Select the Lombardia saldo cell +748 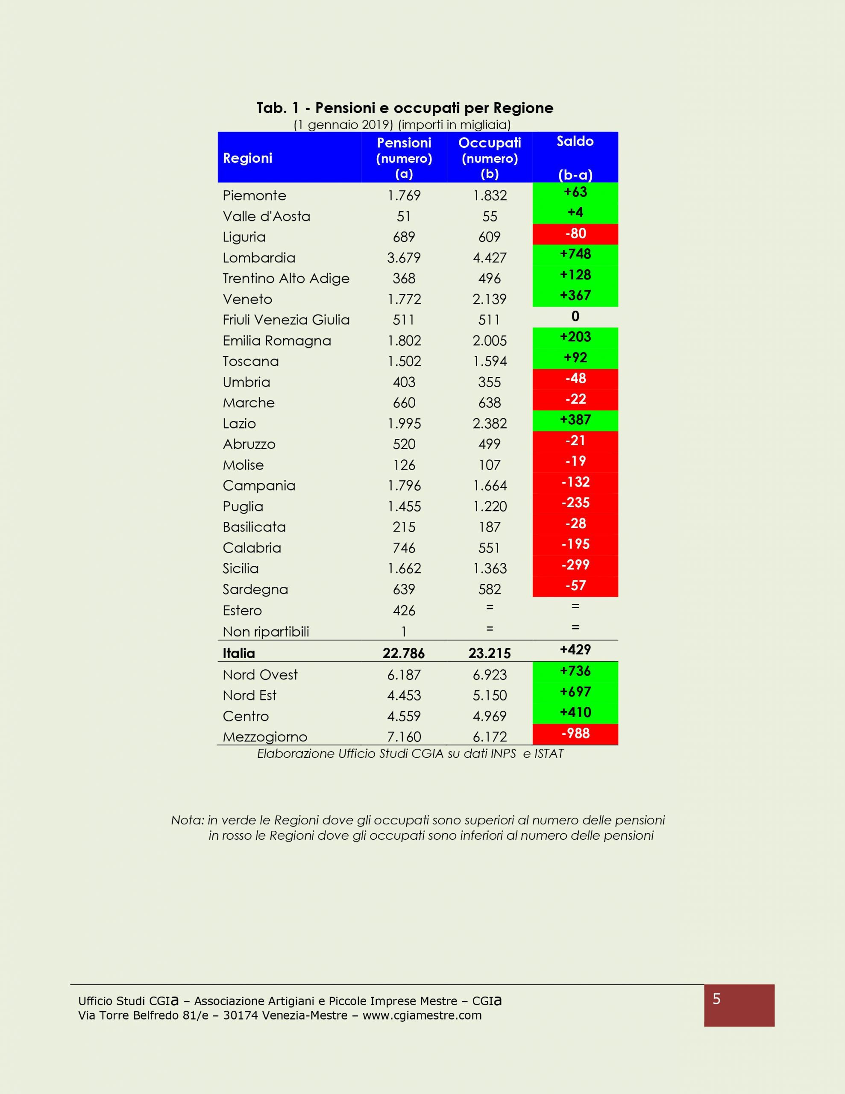tap(575, 254)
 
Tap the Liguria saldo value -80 tap(575, 233)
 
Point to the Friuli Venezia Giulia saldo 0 tap(575, 316)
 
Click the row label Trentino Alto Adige tap(285, 279)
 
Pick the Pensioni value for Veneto tap(404, 300)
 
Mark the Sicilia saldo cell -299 tap(575, 565)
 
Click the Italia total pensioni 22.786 tap(403, 653)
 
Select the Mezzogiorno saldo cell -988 tap(575, 733)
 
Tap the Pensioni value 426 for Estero tap(404, 611)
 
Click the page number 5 tap(716, 999)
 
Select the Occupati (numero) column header tap(490, 158)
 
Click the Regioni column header tap(247, 158)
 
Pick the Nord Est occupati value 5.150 tap(490, 695)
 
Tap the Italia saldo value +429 tap(575, 650)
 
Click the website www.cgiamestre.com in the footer tap(422, 1015)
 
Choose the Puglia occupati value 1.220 tap(490, 506)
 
